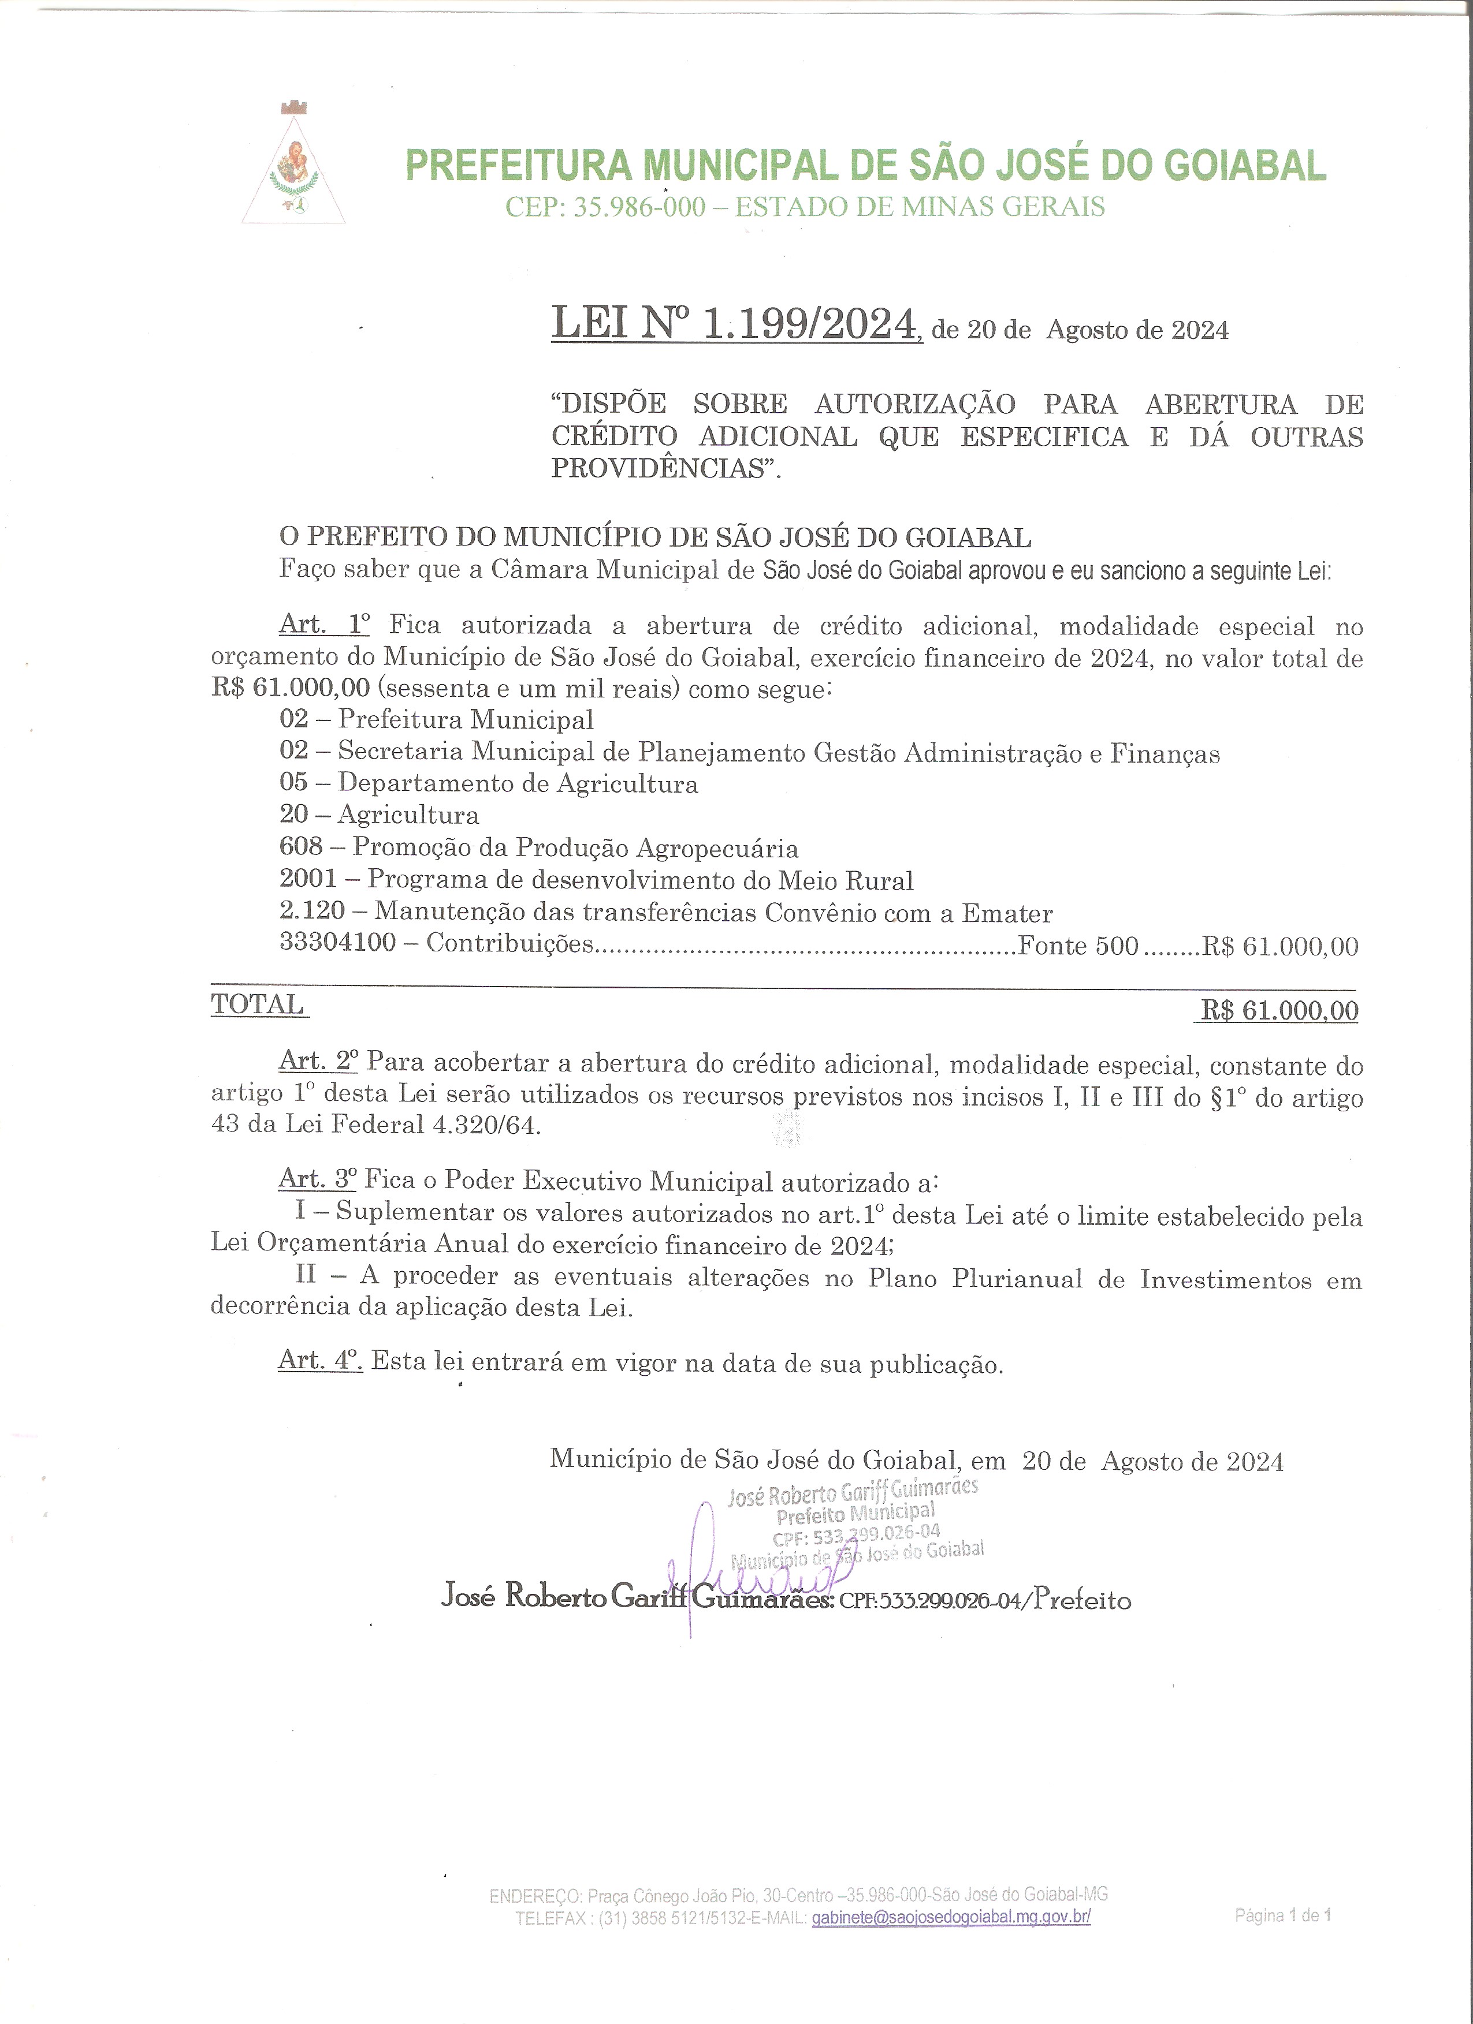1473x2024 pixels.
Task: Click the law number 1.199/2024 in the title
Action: [x=810, y=323]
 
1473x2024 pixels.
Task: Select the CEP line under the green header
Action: [x=804, y=207]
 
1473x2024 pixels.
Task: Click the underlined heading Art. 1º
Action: [x=324, y=624]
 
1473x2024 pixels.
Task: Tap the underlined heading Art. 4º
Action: [x=319, y=1360]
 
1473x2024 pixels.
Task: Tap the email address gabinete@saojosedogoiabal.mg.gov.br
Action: [x=951, y=1917]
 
